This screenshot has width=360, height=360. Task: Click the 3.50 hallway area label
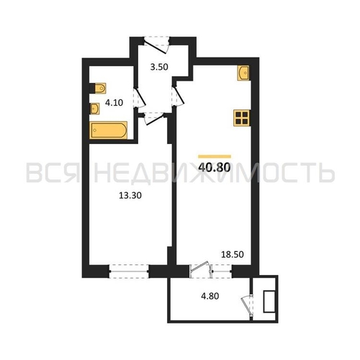[159, 67]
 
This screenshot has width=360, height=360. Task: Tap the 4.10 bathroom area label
[114, 103]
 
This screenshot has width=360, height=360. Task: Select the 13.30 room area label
[130, 196]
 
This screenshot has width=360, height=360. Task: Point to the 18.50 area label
[233, 254]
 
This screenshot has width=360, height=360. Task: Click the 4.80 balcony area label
[210, 296]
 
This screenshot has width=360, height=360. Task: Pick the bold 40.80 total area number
[215, 168]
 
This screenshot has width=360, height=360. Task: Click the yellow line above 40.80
[215, 157]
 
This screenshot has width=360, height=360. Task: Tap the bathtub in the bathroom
[109, 130]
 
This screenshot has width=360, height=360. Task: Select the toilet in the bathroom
[98, 89]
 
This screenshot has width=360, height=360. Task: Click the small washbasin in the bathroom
[94, 109]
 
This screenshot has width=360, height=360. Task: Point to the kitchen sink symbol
[243, 73]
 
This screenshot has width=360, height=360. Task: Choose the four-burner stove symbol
[242, 118]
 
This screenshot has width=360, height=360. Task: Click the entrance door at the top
[156, 45]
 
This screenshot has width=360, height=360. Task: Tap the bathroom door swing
[140, 98]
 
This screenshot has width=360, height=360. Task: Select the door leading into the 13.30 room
[153, 119]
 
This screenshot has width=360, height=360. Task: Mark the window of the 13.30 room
[129, 271]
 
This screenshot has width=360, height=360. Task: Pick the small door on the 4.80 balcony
[248, 306]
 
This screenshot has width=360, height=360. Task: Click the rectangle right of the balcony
[269, 302]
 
